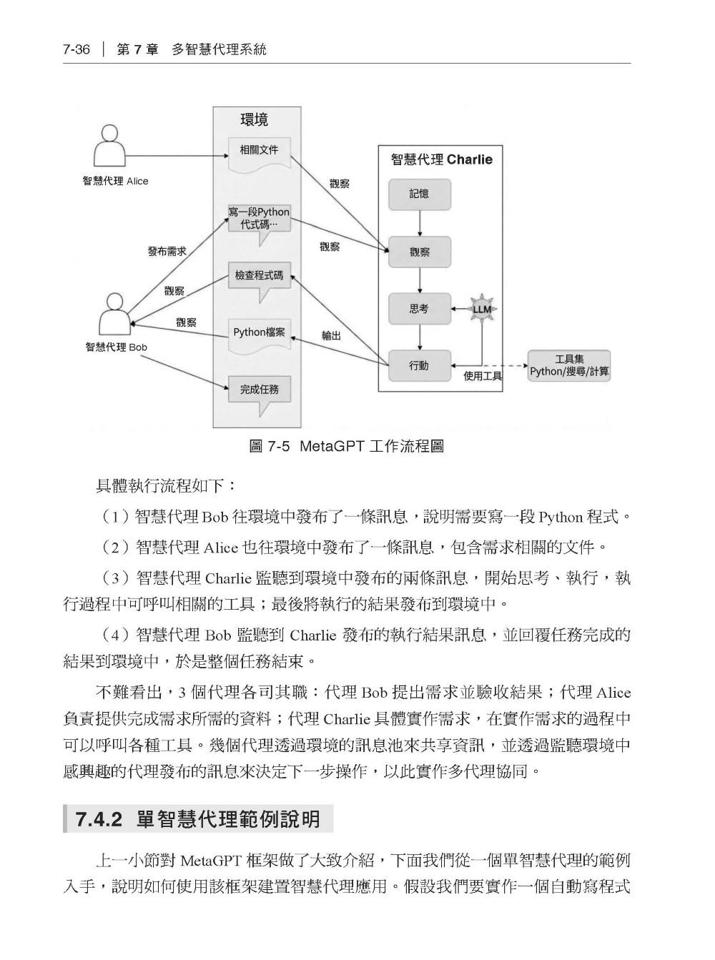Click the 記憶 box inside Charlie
pyautogui.click(x=419, y=194)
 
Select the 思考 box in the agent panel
pyautogui.click(x=419, y=309)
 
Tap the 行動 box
pyautogui.click(x=419, y=366)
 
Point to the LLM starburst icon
pyautogui.click(x=482, y=309)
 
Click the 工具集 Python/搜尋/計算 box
pyautogui.click(x=568, y=366)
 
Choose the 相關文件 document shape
pyautogui.click(x=259, y=154)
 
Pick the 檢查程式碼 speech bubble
pyautogui.click(x=259, y=282)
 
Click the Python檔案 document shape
pyautogui.click(x=259, y=336)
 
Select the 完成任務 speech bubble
pyautogui.click(x=259, y=395)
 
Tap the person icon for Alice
pyautogui.click(x=109, y=147)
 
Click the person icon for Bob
pyautogui.click(x=114, y=314)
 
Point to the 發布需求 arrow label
pyautogui.click(x=167, y=251)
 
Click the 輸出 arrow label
pyautogui.click(x=331, y=335)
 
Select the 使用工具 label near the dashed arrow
pyautogui.click(x=483, y=376)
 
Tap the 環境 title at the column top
pyautogui.click(x=255, y=120)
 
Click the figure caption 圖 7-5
pyautogui.click(x=269, y=446)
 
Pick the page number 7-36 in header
pyautogui.click(x=77, y=50)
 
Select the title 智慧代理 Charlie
pyautogui.click(x=442, y=159)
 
